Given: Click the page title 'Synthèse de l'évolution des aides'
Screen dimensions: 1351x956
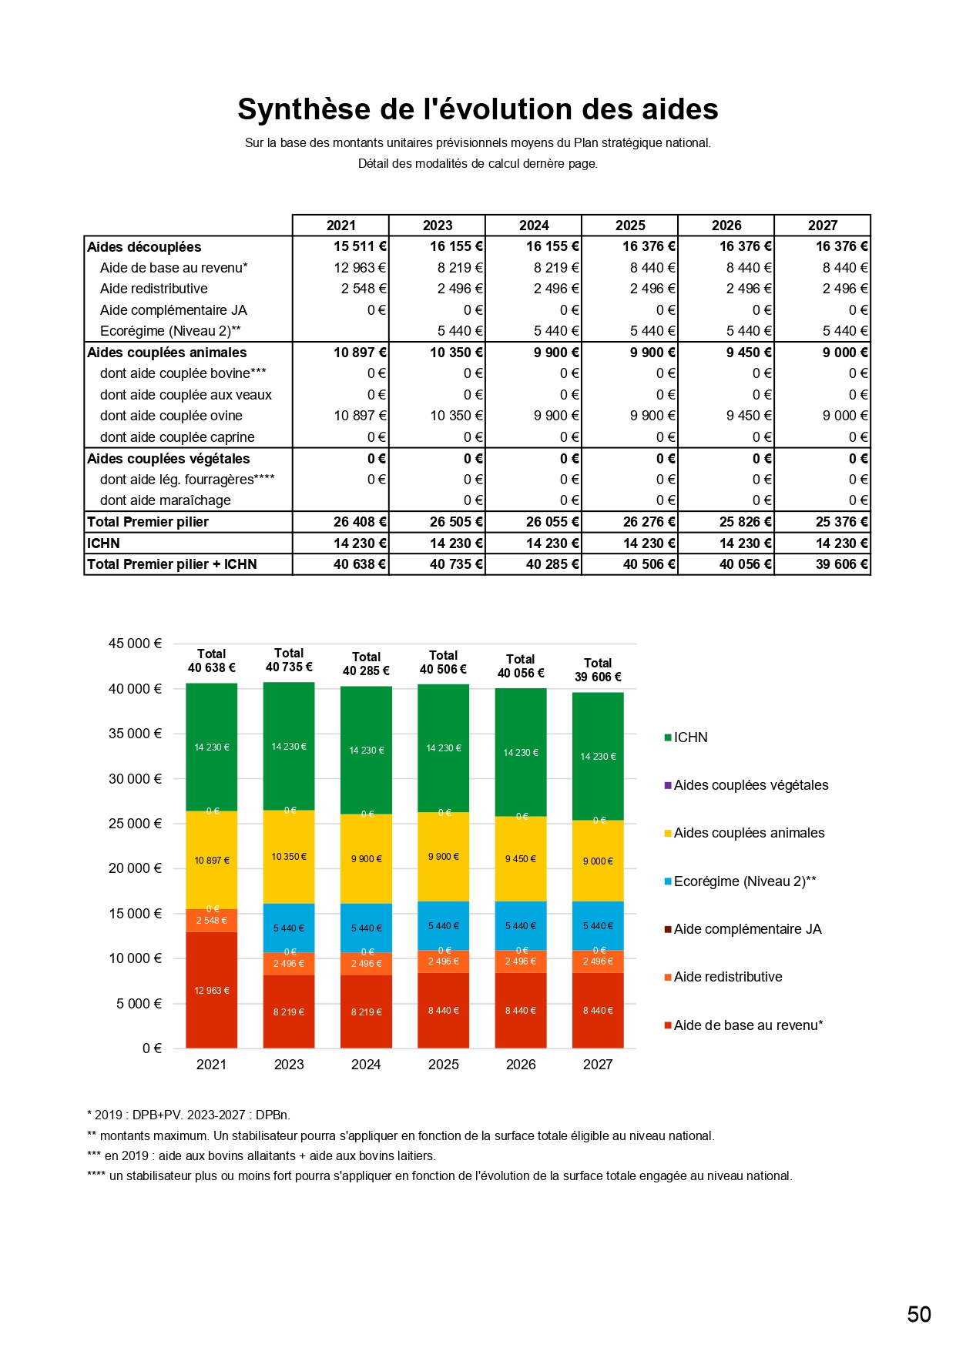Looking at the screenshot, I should tap(478, 109).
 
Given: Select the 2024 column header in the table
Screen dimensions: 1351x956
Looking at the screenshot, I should tap(534, 225).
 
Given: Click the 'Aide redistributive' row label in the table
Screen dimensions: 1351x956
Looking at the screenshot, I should tap(154, 289).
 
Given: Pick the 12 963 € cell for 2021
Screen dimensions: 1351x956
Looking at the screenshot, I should tap(360, 268).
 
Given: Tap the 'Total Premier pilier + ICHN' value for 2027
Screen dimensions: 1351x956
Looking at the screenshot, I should tap(842, 564).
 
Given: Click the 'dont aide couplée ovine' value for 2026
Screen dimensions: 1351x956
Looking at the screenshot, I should tap(748, 416).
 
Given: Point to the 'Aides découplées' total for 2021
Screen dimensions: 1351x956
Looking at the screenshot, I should tap(360, 246).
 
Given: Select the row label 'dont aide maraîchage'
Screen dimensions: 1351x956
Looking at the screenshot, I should tap(166, 500).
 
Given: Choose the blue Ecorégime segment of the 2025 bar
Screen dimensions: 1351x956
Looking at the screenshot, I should tap(444, 926).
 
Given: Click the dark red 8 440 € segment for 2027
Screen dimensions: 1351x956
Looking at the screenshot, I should tap(598, 1011).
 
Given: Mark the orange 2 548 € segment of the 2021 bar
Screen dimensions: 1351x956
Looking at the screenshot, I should tap(212, 921).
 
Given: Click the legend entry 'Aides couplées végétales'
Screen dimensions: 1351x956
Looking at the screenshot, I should tap(750, 785).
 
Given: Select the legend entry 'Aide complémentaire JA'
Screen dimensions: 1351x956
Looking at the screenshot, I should tap(747, 929).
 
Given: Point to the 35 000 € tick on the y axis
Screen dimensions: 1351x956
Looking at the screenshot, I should tap(135, 734).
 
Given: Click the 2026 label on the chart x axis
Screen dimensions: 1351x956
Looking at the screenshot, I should tap(521, 1065).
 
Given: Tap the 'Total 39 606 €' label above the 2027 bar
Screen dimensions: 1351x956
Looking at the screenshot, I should tap(598, 670).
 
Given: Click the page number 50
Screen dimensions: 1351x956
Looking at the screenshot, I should tap(919, 1314).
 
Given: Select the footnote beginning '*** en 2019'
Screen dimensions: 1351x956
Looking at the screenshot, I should tap(262, 1155).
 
